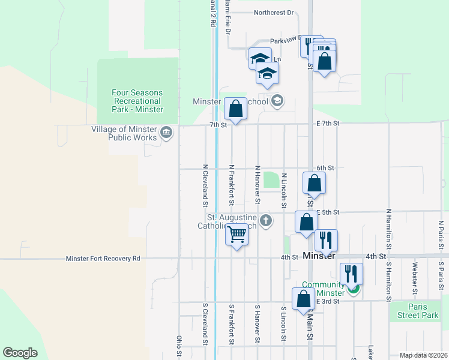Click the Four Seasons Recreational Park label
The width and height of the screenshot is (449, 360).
[137, 101]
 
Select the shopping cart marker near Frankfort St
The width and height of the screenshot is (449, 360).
[237, 235]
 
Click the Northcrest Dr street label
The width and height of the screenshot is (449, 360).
[273, 12]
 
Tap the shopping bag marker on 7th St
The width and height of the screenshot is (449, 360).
[235, 109]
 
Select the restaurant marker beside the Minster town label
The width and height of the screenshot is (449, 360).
[326, 240]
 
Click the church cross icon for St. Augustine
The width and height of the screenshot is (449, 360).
[266, 221]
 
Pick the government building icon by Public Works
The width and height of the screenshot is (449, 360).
[166, 133]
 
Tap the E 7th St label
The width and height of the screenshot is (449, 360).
[328, 123]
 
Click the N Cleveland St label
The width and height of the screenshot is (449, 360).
[205, 182]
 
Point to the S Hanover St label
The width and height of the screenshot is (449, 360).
[257, 323]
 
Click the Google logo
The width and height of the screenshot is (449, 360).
[20, 353]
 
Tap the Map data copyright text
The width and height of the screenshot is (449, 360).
[423, 355]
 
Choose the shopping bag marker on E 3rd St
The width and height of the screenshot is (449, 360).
[304, 299]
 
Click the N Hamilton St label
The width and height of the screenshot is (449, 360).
[388, 229]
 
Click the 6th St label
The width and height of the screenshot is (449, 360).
[325, 168]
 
